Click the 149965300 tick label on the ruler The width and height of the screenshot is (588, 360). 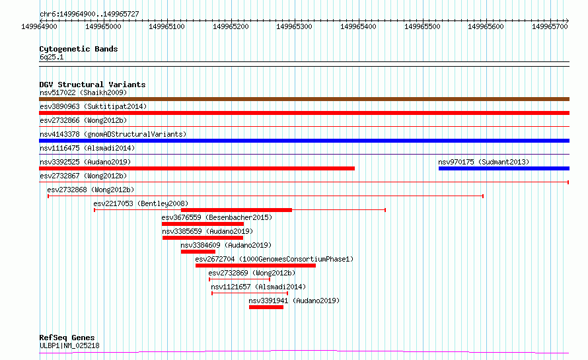click(x=294, y=26)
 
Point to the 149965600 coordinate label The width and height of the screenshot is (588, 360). click(x=486, y=26)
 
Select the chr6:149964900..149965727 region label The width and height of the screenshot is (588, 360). click(x=89, y=14)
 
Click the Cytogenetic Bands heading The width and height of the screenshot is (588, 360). click(x=79, y=49)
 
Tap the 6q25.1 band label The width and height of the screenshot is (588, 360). click(x=52, y=57)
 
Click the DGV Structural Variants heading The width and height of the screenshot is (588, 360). click(x=92, y=85)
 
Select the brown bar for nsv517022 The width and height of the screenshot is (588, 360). click(x=304, y=99)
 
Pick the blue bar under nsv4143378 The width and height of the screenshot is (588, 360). click(x=304, y=141)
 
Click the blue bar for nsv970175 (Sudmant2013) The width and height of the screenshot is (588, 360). click(x=504, y=168)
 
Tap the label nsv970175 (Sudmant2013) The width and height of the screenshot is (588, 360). click(x=484, y=162)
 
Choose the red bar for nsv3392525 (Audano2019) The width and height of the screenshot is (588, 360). click(x=197, y=168)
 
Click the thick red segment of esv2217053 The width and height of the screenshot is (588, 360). click(x=237, y=210)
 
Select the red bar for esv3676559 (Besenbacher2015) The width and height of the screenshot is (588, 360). click(x=203, y=224)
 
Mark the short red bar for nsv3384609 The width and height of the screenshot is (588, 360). click(x=198, y=252)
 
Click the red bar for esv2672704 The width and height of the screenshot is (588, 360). click(x=256, y=266)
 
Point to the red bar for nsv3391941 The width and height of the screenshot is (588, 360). click(x=266, y=307)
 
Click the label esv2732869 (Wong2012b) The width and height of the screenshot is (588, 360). click(x=252, y=273)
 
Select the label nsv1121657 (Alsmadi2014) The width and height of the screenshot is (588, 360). click(x=258, y=287)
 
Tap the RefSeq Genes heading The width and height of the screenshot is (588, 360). click(x=67, y=338)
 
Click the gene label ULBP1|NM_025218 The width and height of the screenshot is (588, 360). click(x=70, y=345)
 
